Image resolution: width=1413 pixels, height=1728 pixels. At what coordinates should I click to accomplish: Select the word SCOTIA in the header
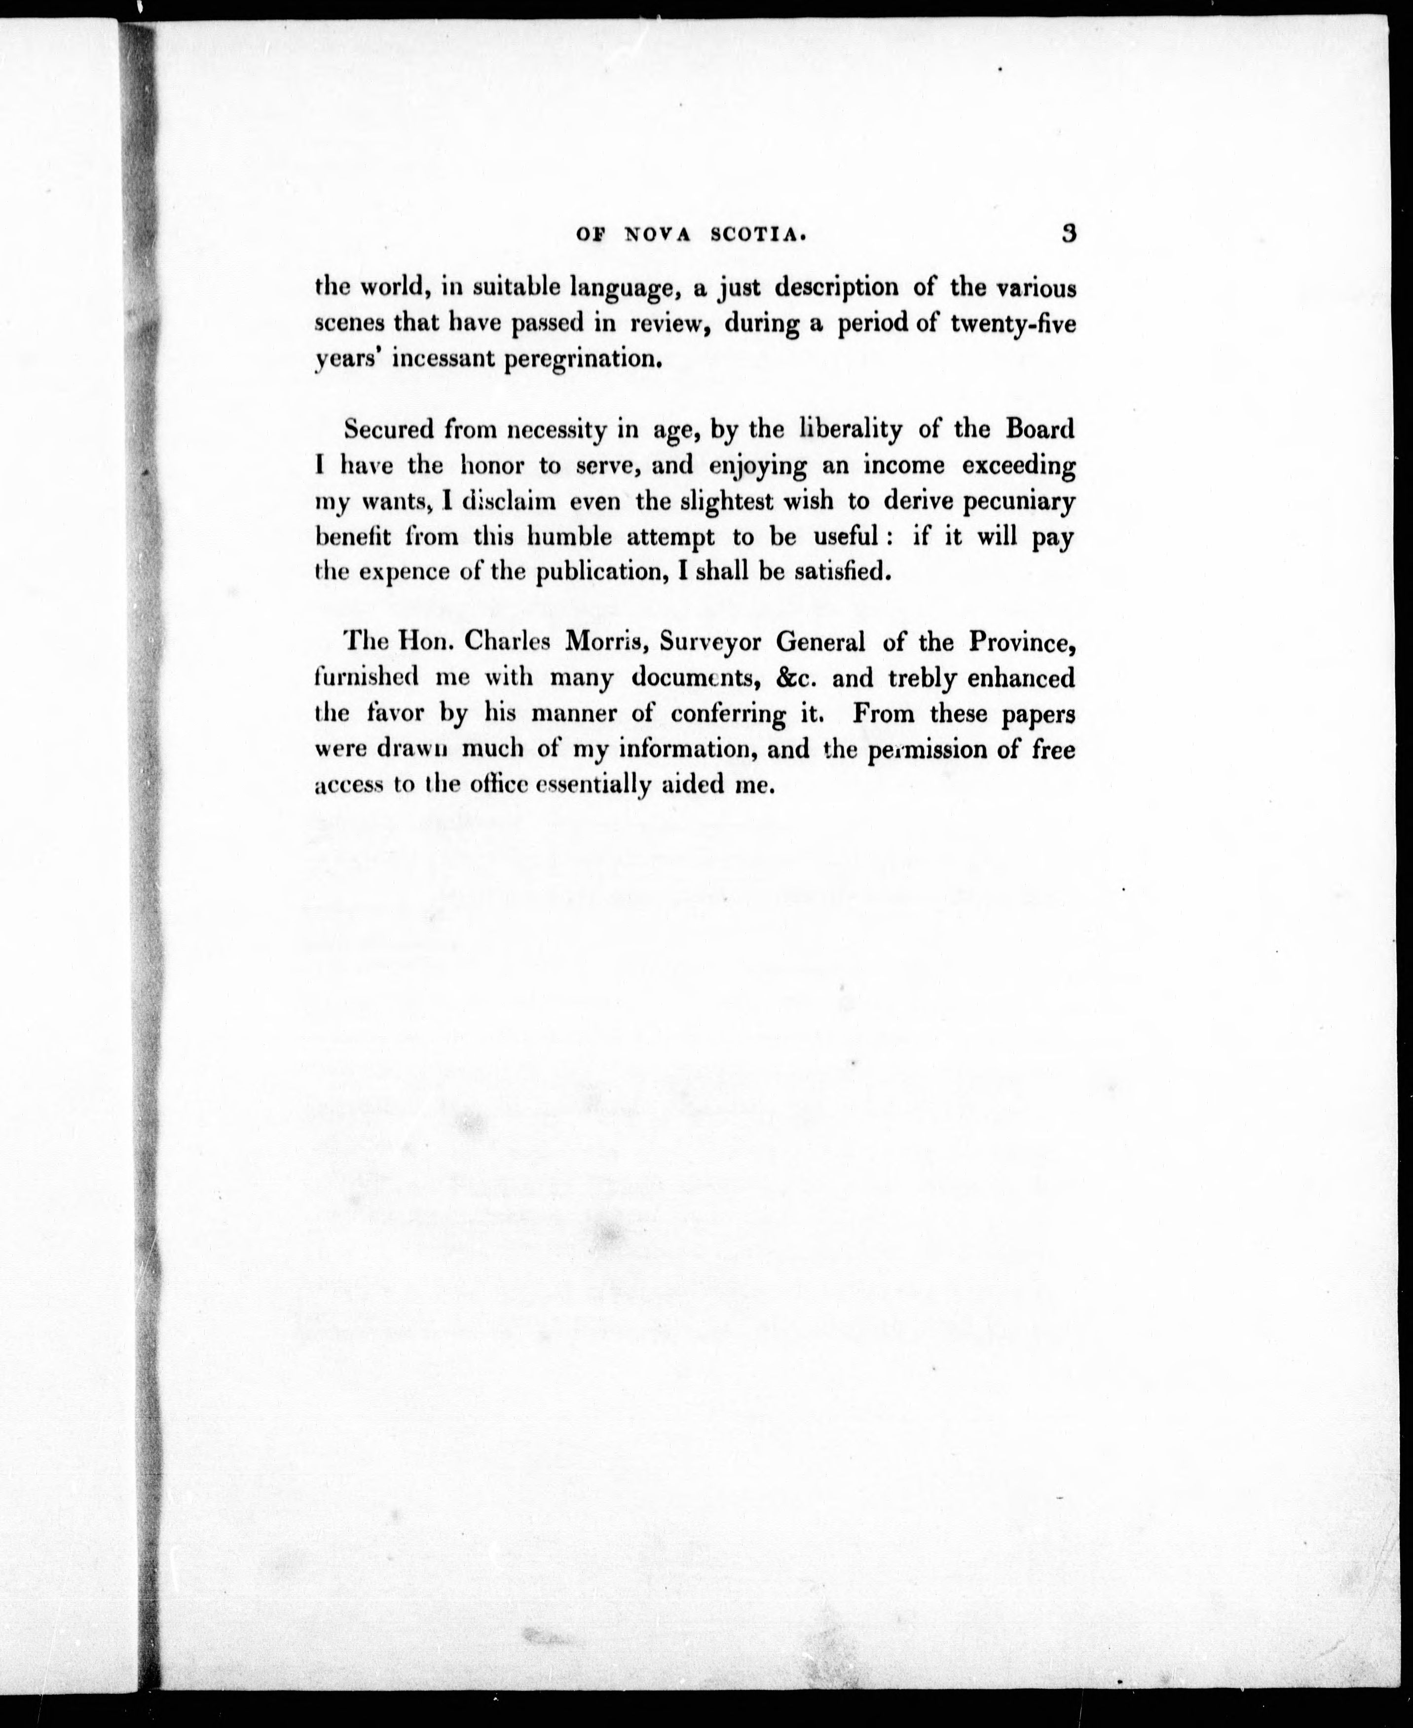pos(759,235)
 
